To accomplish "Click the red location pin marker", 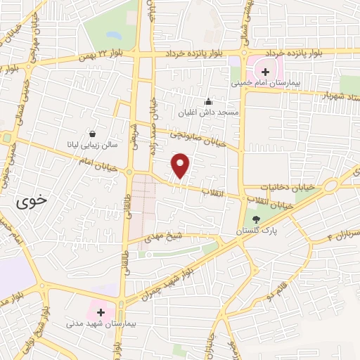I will (181, 166).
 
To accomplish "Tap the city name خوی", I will (31, 200).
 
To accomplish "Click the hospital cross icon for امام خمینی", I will (265, 71).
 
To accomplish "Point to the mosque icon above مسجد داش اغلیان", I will (207, 102).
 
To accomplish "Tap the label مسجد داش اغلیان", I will (208, 112).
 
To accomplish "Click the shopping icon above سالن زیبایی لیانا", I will (92, 134).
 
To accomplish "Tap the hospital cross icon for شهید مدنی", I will (100, 311).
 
